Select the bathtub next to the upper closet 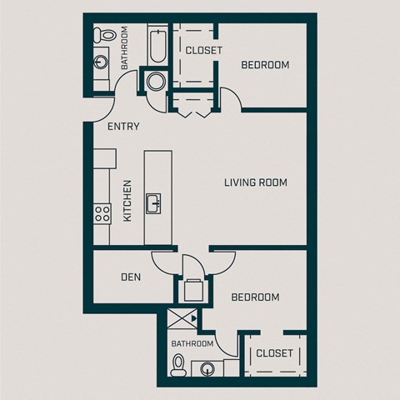(157, 46)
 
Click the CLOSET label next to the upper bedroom (203, 51)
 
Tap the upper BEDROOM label (265, 65)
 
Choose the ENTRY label (123, 127)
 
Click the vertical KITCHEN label (127, 201)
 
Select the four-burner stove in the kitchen (102, 213)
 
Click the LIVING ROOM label (256, 182)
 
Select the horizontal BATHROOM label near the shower (192, 343)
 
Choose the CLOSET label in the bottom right (274, 353)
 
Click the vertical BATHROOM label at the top (123, 47)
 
